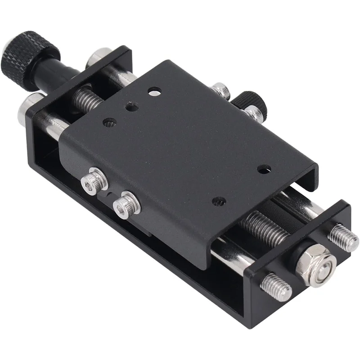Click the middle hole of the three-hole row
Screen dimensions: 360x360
click(132, 106)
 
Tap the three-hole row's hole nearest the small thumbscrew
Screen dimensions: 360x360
click(154, 92)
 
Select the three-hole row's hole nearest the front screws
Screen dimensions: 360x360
click(110, 122)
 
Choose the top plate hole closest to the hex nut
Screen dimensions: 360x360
click(264, 170)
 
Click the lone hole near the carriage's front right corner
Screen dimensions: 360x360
click(219, 201)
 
